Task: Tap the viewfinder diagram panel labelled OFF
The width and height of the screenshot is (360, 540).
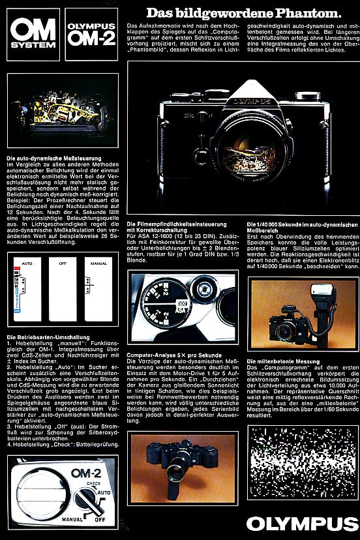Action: point(64,287)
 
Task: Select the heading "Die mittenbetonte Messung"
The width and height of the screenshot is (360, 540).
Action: point(283,361)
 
